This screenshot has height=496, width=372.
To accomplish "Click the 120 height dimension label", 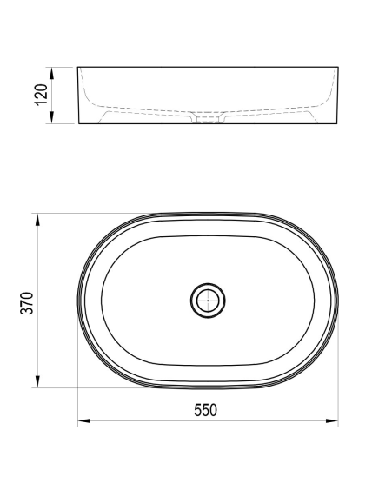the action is [x=41, y=95].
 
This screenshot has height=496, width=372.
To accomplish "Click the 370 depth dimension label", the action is [x=27, y=303].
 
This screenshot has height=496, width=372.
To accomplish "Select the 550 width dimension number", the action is [x=205, y=410].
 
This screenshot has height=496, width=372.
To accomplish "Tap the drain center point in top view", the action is [x=208, y=301].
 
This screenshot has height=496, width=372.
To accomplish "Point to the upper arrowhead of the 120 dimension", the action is [x=52, y=73].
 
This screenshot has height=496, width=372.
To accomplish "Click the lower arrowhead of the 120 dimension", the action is [x=52, y=117].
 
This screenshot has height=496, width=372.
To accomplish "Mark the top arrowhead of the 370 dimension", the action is [x=37, y=220].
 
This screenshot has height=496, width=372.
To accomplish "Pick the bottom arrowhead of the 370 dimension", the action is [x=37, y=381].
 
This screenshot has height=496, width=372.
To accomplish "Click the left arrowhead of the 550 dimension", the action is [x=84, y=421].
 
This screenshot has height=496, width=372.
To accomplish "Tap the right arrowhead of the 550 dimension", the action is [x=332, y=421].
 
